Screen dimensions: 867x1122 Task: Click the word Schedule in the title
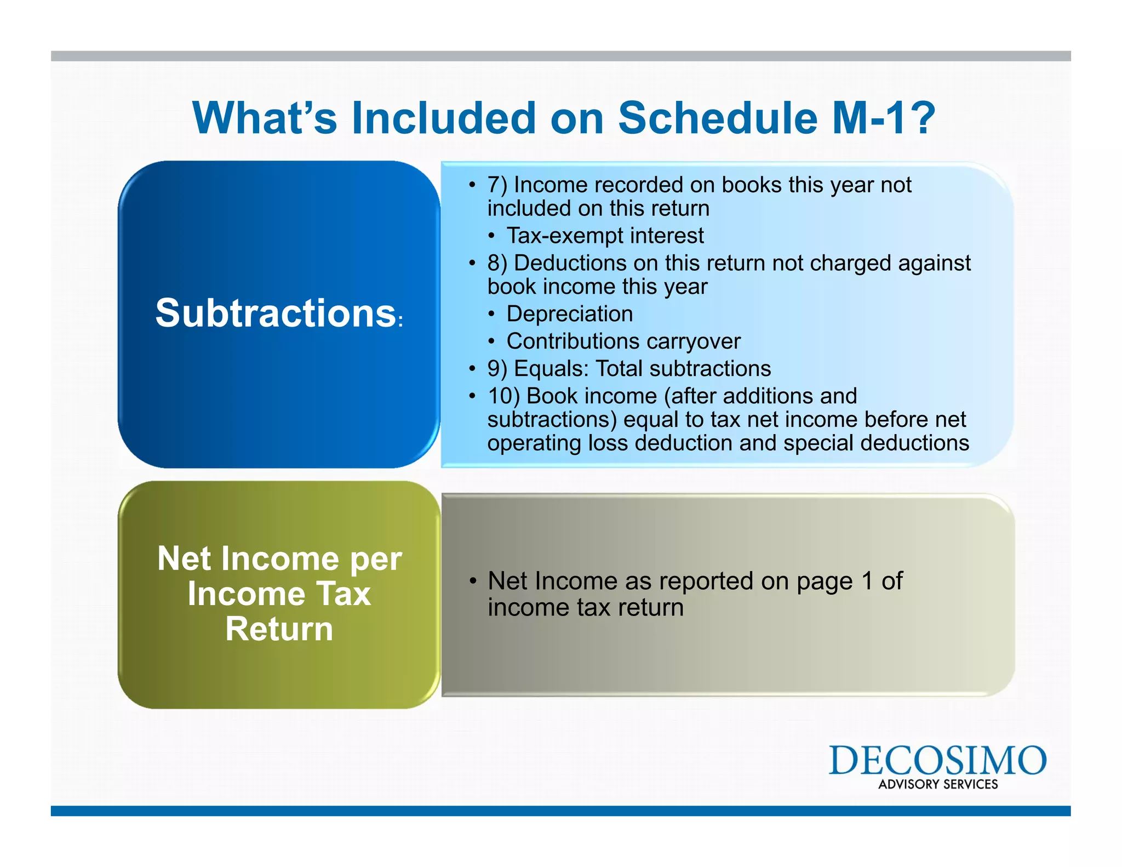coord(718,118)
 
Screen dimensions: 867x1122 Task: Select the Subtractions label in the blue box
coord(276,313)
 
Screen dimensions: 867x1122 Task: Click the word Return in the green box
coord(279,629)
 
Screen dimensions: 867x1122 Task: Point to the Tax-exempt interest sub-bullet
coord(605,236)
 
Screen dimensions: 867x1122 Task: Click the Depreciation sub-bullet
coord(569,314)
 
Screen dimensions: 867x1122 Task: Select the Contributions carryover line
coord(623,341)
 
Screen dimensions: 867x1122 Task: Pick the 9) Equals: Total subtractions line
coord(629,369)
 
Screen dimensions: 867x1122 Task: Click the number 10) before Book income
coord(503,396)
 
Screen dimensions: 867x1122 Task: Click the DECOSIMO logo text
coord(937,760)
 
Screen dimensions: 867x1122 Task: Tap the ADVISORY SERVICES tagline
coord(938,784)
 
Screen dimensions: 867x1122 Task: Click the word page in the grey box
coord(824,582)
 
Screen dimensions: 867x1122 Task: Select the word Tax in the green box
coord(344,594)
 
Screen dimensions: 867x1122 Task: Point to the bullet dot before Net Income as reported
coord(473,581)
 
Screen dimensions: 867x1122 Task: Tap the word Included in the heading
coord(443,118)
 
